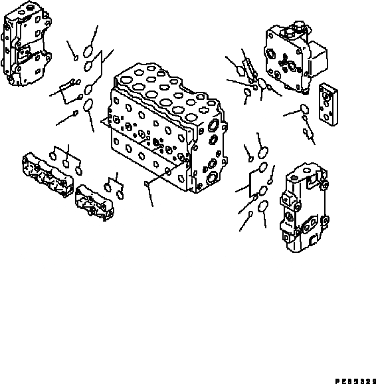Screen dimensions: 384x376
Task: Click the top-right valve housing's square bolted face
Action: [x=282, y=60]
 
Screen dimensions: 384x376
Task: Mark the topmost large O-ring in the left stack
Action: [x=89, y=51]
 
